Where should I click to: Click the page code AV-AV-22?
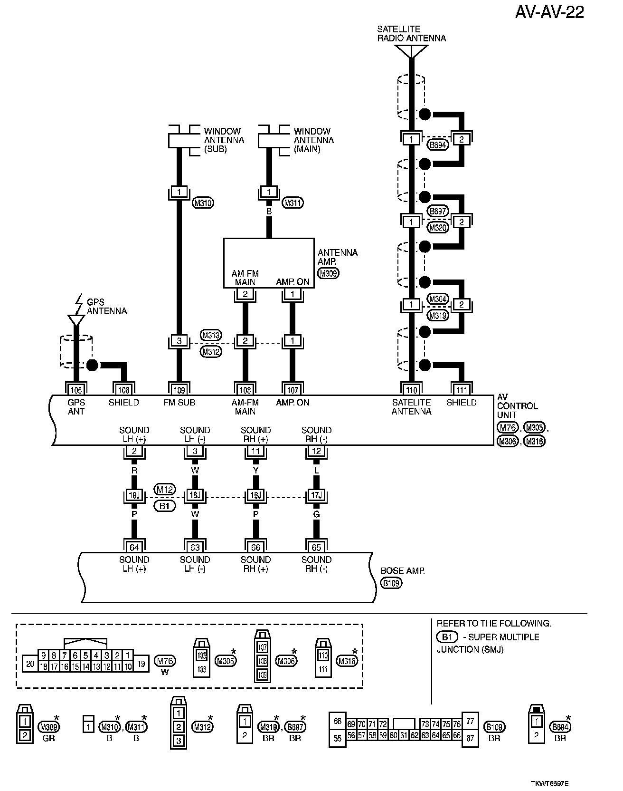pyautogui.click(x=549, y=12)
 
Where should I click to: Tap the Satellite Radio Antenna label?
pyautogui.click(x=411, y=34)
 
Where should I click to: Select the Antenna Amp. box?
pyautogui.click(x=269, y=263)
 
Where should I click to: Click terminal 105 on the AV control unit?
pyautogui.click(x=76, y=390)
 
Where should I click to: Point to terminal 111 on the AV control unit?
pyautogui.click(x=462, y=390)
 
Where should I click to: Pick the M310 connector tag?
pyautogui.click(x=203, y=203)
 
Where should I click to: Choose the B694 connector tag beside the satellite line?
pyautogui.click(x=438, y=145)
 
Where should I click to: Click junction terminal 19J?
pyautogui.click(x=134, y=495)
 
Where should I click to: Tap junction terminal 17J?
pyautogui.click(x=316, y=495)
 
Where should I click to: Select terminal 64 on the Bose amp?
pyautogui.click(x=134, y=548)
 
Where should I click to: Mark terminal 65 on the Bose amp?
pyautogui.click(x=316, y=548)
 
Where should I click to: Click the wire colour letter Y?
pyautogui.click(x=255, y=470)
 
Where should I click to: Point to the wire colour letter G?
pyautogui.click(x=316, y=514)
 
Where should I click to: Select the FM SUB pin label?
pyautogui.click(x=179, y=403)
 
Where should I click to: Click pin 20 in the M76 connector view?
pyautogui.click(x=30, y=664)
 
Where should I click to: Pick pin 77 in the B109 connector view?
pyautogui.click(x=470, y=721)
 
